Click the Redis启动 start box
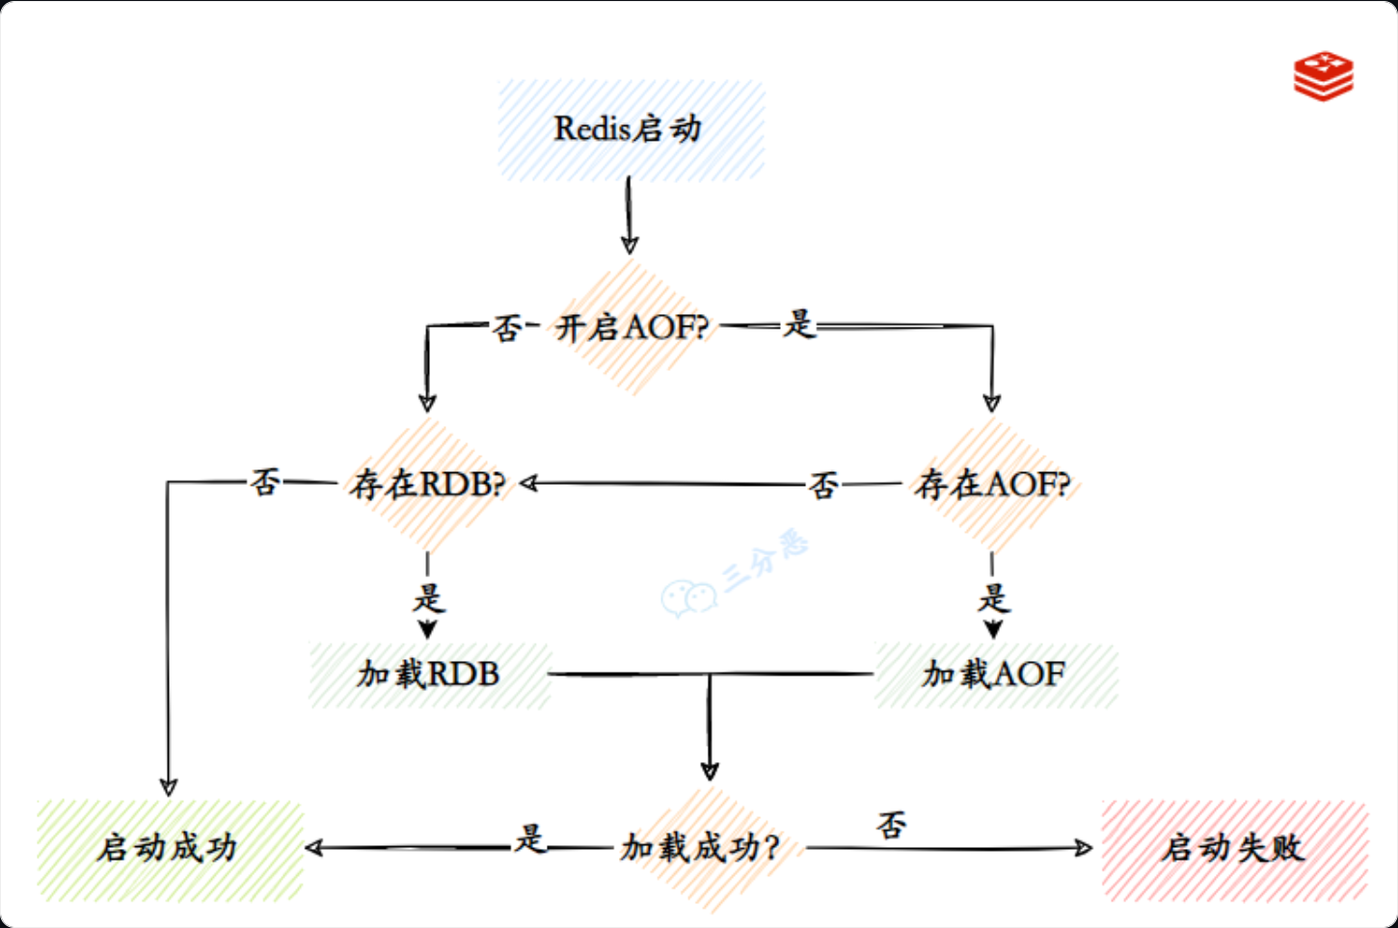pos(631,130)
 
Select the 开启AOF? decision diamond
pos(632,328)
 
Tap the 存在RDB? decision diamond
pos(427,484)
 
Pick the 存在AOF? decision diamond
pos(993,484)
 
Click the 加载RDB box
pos(429,675)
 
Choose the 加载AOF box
pos(995,675)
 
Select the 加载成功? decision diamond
pos(701,848)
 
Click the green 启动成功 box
pos(169,849)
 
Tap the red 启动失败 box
pos(1233,849)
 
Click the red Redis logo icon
pos(1323,76)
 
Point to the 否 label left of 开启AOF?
pos(507,328)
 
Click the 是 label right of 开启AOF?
pos(799,325)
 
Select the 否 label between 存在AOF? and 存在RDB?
pos(823,485)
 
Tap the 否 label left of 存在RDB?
pos(265,482)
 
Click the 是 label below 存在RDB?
pos(428,598)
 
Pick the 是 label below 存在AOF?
pos(993,598)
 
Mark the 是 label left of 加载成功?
pos(530,838)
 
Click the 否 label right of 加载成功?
pos(892,825)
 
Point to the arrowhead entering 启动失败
pos(1084,848)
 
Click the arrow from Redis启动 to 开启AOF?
pos(630,216)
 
